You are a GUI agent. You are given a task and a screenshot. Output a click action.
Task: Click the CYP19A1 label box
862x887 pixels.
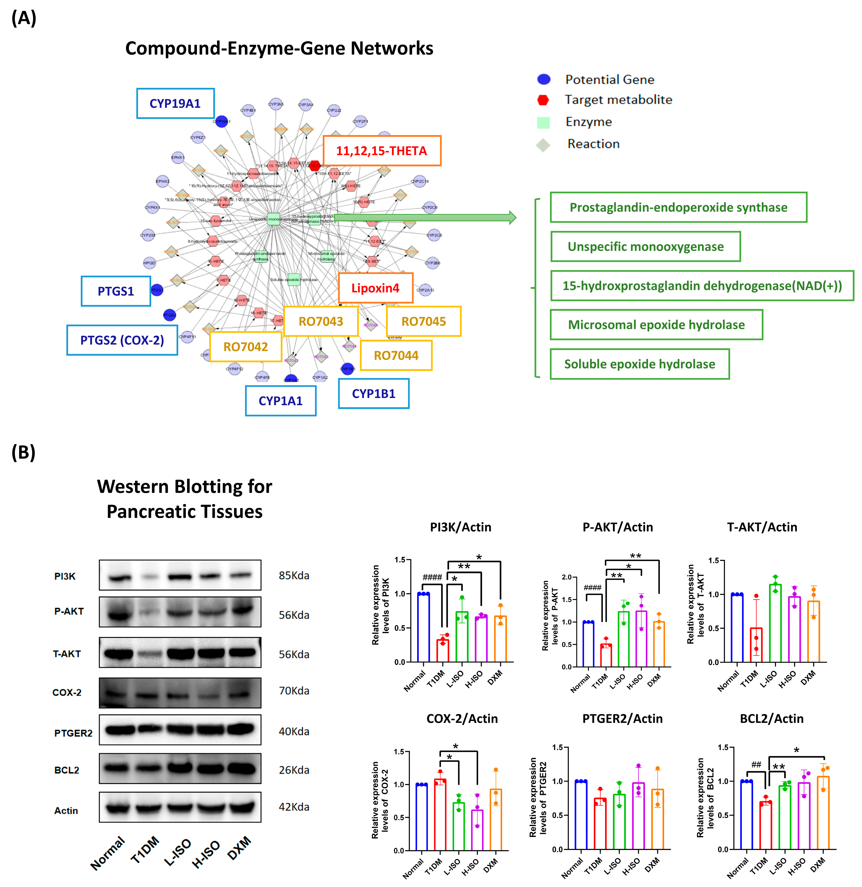point(175,104)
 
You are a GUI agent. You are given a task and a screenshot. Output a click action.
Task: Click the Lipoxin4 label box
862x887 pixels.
point(375,288)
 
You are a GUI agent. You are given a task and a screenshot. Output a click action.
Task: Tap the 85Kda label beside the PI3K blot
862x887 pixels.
point(294,576)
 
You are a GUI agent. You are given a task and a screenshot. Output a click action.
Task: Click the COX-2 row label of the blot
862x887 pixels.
point(67,692)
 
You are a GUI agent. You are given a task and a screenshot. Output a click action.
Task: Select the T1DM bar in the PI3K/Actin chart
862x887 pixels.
point(442,650)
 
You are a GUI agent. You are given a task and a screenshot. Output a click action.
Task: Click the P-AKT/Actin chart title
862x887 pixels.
point(617,527)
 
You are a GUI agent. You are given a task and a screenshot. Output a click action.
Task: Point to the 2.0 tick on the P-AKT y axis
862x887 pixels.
point(566,577)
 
